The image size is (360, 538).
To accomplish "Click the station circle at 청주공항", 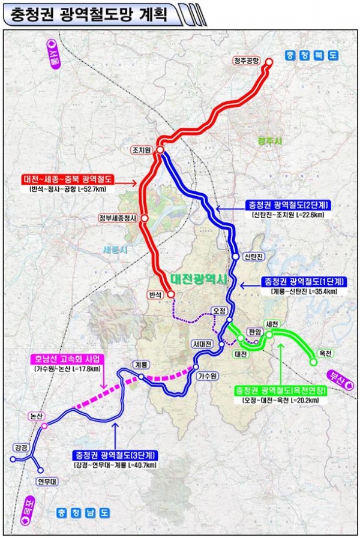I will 269,62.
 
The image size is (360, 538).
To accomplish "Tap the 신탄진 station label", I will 254,257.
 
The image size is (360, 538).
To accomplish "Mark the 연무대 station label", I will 45,481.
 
